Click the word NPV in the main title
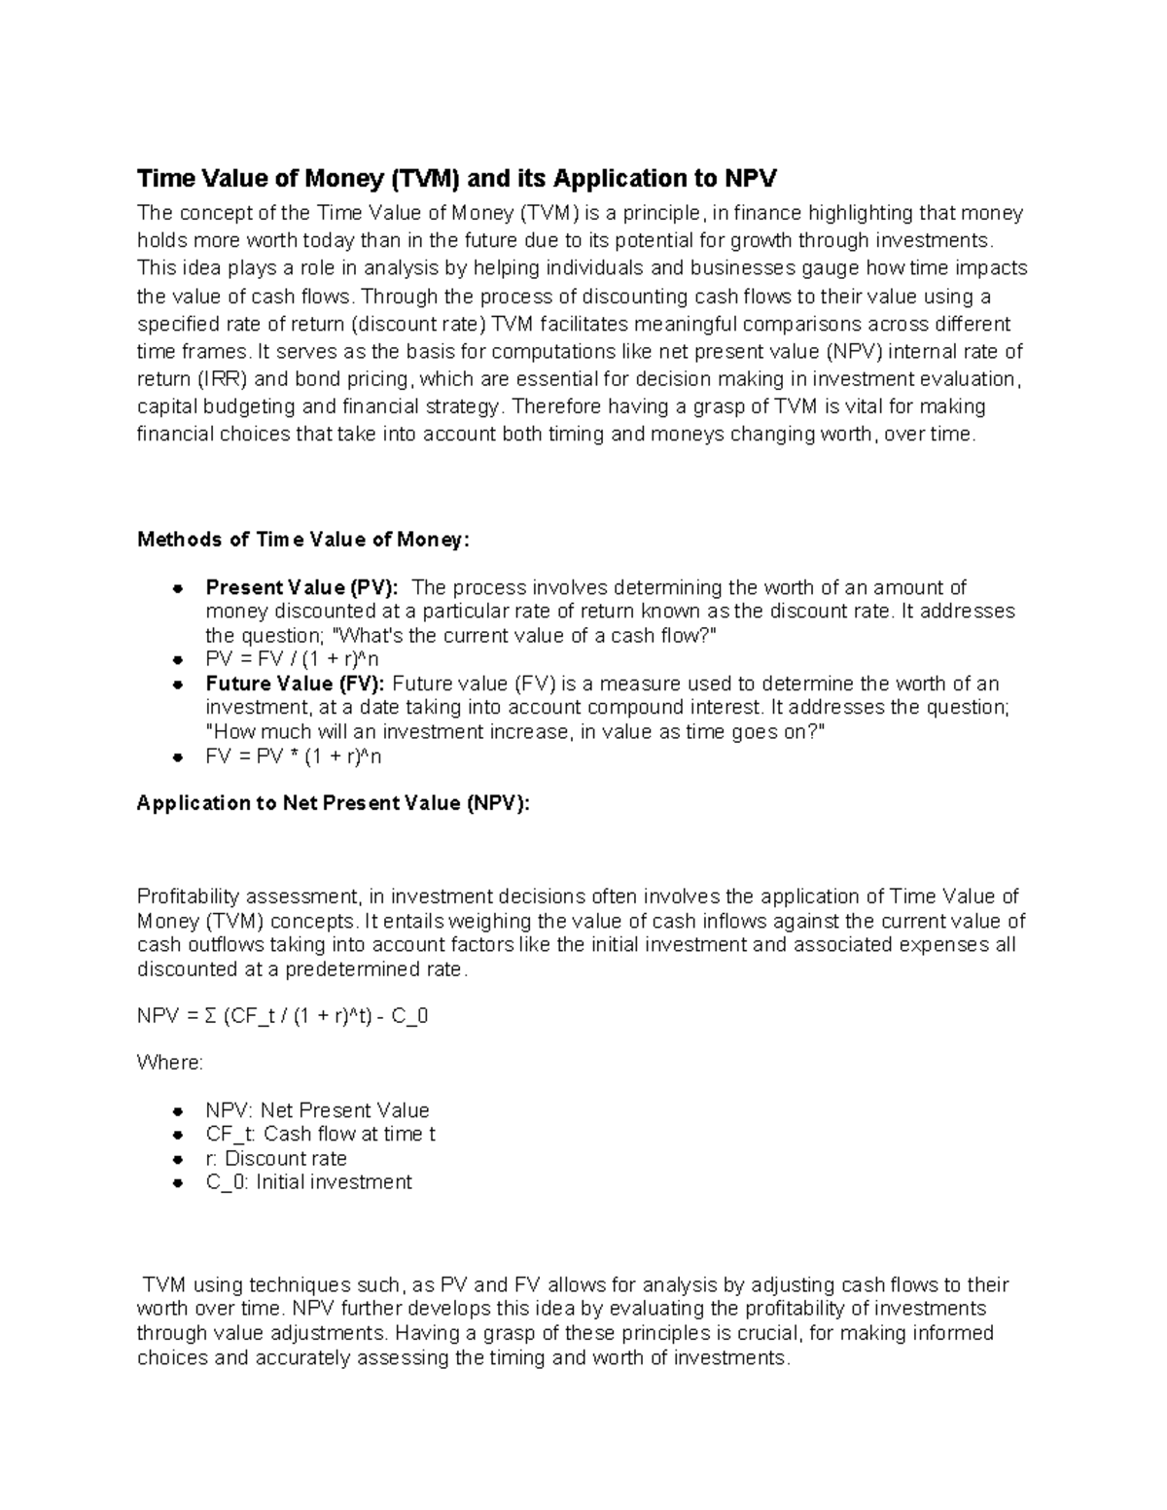click(750, 179)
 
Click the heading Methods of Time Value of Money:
click(303, 540)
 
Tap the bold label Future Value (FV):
click(295, 684)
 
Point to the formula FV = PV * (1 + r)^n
click(287, 755)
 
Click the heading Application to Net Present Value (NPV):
click(334, 803)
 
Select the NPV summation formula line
click(283, 1017)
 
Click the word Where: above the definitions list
click(170, 1063)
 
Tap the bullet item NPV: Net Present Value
click(317, 1110)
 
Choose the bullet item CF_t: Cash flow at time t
click(320, 1134)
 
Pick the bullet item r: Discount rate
click(276, 1158)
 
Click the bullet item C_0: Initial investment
click(308, 1182)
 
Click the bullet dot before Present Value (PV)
click(178, 588)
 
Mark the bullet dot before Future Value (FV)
click(178, 685)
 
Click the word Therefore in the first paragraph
click(552, 406)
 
